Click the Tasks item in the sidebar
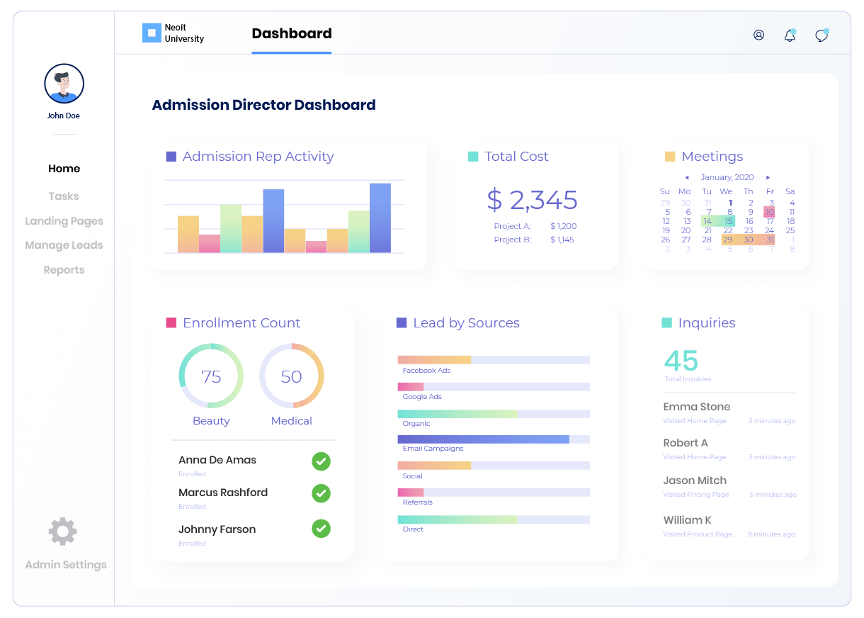point(64,196)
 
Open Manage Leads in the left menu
point(64,245)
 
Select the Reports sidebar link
point(64,270)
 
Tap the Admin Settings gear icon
point(63,532)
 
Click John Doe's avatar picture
point(64,84)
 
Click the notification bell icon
point(790,35)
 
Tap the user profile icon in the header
point(759,35)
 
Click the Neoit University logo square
point(152,33)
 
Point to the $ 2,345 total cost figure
point(532,201)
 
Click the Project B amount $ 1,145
point(563,240)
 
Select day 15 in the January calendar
point(729,221)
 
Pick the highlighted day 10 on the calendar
point(770,212)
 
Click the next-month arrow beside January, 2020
point(768,177)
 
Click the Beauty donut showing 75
point(211,376)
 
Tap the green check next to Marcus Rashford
point(322,493)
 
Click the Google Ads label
point(422,397)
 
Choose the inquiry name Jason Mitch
point(695,481)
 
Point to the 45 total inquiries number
point(681,361)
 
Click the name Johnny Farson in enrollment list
point(217,529)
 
